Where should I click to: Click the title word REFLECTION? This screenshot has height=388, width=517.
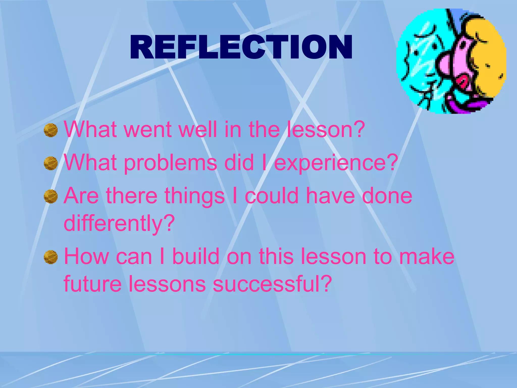point(241,47)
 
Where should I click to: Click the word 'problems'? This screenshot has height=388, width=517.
point(170,163)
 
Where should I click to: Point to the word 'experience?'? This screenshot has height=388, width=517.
point(336,163)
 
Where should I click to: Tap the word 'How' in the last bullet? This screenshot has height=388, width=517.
point(86,257)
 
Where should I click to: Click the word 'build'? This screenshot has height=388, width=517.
point(196,257)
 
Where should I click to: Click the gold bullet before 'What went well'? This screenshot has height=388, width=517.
point(51,130)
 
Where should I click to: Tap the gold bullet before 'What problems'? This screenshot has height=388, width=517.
point(51,163)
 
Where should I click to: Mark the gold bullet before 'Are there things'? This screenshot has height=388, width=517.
point(51,197)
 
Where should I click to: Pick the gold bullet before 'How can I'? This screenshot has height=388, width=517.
point(51,257)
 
